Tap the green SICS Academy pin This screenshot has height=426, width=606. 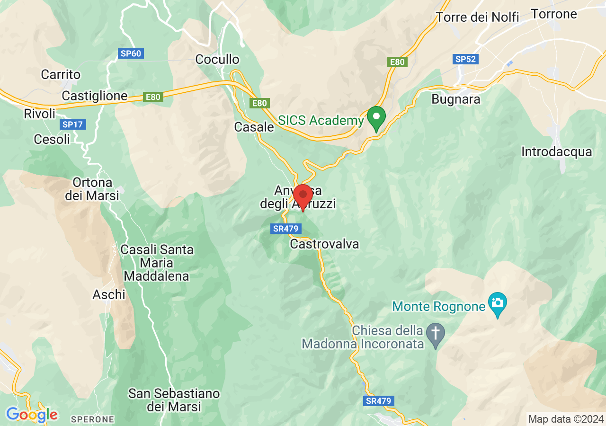click(376, 118)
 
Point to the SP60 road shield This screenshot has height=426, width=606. click(131, 53)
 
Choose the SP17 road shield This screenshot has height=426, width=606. click(72, 125)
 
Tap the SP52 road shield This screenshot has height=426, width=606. click(465, 59)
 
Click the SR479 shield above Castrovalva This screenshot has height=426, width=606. click(286, 229)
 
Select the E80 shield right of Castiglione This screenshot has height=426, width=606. click(153, 97)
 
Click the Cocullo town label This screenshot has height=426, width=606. click(217, 60)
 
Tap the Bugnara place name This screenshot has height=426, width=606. click(456, 99)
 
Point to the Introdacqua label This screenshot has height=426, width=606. click(556, 152)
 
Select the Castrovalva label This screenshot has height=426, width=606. click(324, 244)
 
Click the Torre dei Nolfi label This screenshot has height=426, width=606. click(477, 18)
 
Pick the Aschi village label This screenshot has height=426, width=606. click(109, 295)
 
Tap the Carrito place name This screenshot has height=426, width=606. click(61, 75)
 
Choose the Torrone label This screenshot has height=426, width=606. click(554, 14)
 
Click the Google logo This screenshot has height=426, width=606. click(32, 415)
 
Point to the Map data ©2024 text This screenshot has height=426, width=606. click(566, 419)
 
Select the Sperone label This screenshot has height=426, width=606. click(92, 419)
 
